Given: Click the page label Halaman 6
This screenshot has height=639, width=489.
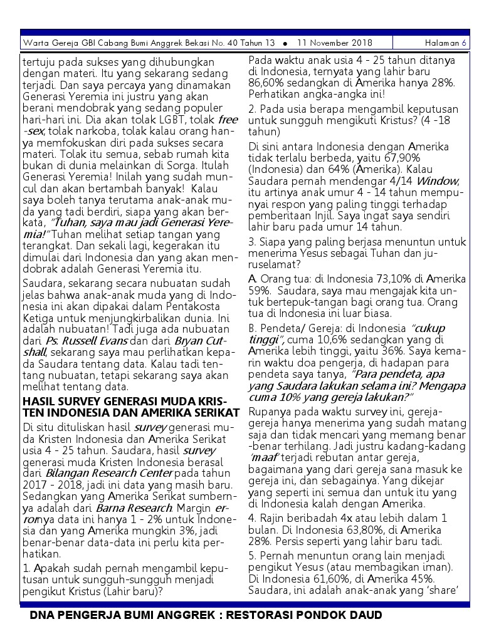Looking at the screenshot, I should click(445, 43).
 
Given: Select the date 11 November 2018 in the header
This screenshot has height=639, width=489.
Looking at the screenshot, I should click(335, 43).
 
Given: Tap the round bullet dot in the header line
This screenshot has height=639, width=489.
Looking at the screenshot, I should click(285, 44).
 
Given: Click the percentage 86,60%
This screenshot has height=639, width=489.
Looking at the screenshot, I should click(268, 83).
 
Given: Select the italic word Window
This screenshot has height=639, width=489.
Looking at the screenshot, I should click(437, 180).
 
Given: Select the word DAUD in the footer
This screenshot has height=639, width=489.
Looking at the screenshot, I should click(365, 615).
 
